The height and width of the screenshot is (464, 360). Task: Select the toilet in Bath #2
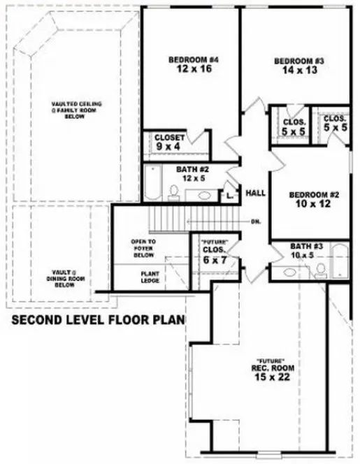(177, 193)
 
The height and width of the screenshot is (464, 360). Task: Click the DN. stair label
(256, 223)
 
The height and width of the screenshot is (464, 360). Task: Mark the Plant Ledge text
(151, 277)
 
